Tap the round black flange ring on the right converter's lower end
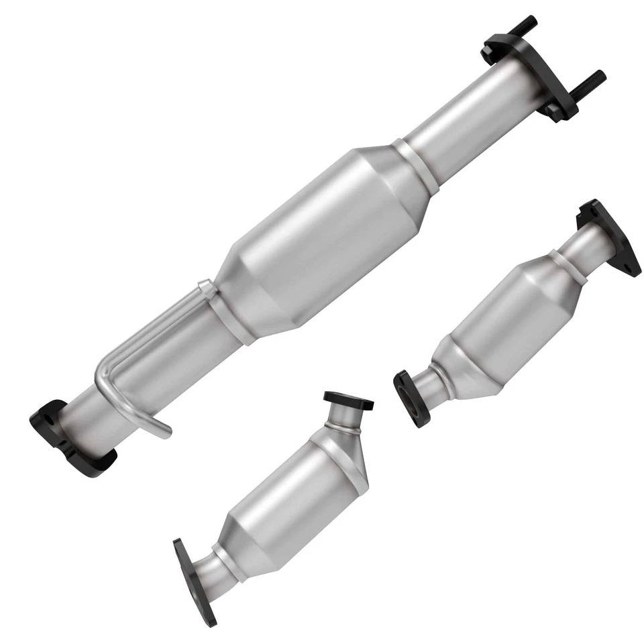[407, 397]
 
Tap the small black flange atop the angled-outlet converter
[348, 401]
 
